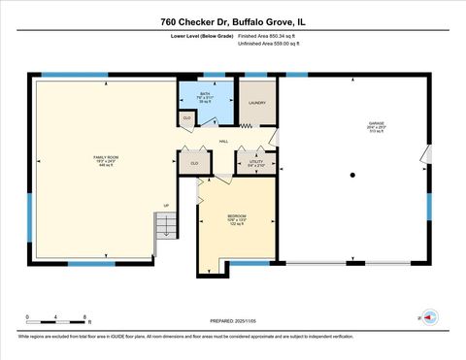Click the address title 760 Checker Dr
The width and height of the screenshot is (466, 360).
tap(232, 20)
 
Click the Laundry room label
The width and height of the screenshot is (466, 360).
tap(257, 102)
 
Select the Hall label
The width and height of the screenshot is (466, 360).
tap(223, 142)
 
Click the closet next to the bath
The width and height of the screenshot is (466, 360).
tap(187, 118)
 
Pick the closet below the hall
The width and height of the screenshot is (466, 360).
tap(194, 163)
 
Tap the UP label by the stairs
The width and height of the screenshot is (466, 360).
tap(166, 206)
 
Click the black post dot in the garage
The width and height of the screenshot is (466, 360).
tap(353, 175)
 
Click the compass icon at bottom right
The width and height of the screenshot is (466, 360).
tap(428, 316)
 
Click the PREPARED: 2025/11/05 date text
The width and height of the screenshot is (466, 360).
tap(233, 319)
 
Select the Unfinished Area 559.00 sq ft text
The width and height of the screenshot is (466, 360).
tap(269, 44)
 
